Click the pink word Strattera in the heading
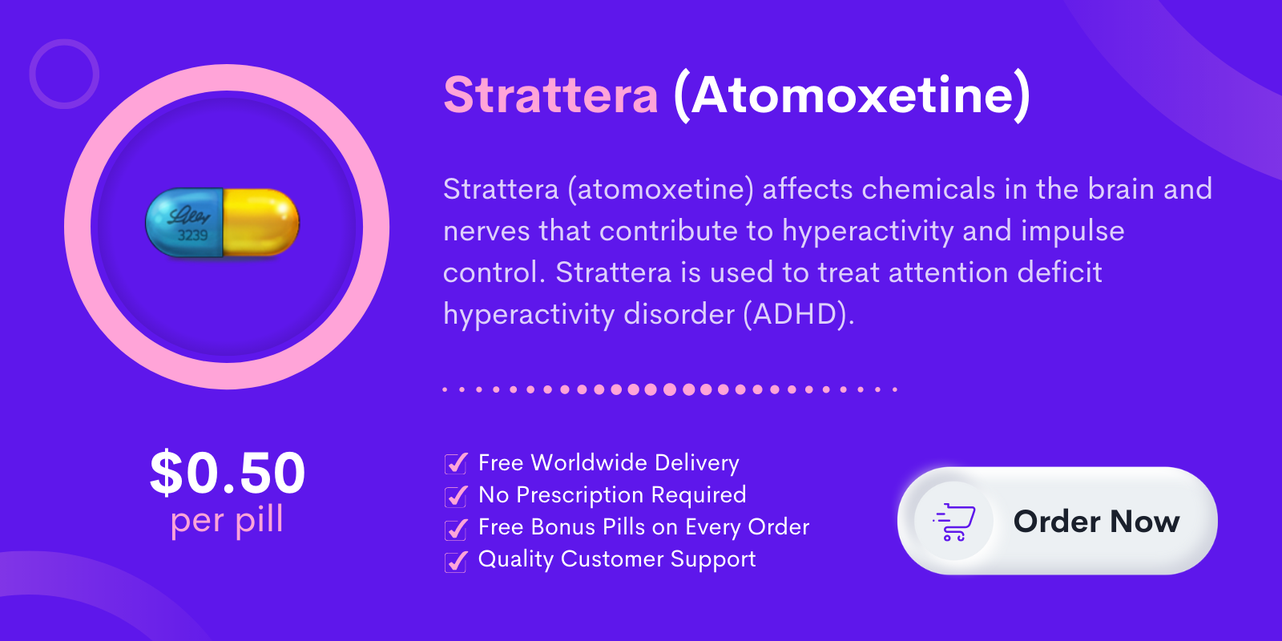pos(550,95)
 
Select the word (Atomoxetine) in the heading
pos(852,96)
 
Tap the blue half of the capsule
pos(184,223)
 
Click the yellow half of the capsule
pos(261,222)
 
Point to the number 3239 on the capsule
pos(192,236)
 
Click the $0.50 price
pos(228,472)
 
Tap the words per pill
pos(227,520)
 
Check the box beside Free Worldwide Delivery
pos(456,463)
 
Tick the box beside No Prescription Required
pos(456,496)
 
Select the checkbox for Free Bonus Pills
pos(456,528)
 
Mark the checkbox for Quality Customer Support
pos(456,561)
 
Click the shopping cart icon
pos(954,522)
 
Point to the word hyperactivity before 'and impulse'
pos(868,232)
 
